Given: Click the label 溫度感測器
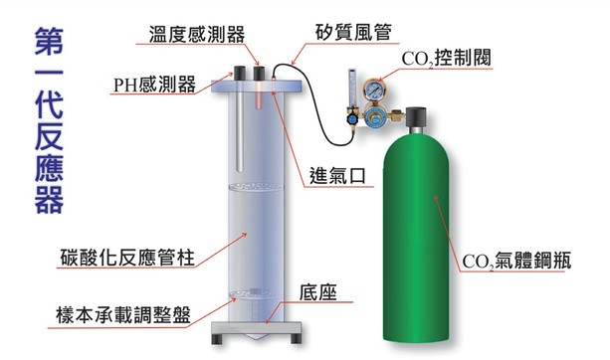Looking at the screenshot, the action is tap(197, 34).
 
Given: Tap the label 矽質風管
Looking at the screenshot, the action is tap(353, 33).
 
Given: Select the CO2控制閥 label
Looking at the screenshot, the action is tap(446, 59).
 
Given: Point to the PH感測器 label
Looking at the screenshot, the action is tap(154, 84).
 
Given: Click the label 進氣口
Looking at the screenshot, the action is tap(337, 175).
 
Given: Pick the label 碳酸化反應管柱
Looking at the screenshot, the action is tap(127, 258).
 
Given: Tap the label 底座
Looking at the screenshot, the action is tap(317, 292).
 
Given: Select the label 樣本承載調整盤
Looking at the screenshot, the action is tap(123, 315).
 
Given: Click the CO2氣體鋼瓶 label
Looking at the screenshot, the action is tap(516, 261).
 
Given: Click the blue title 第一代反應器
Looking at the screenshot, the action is tap(49, 120).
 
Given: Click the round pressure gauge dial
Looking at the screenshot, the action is tap(373, 90).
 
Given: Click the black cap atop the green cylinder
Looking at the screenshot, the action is tap(416, 117).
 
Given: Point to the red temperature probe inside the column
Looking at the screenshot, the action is tap(259, 95).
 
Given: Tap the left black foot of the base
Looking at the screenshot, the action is tap(216, 338).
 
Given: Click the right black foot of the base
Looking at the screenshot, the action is tap(296, 338).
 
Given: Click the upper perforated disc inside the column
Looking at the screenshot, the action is tap(256, 187).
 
